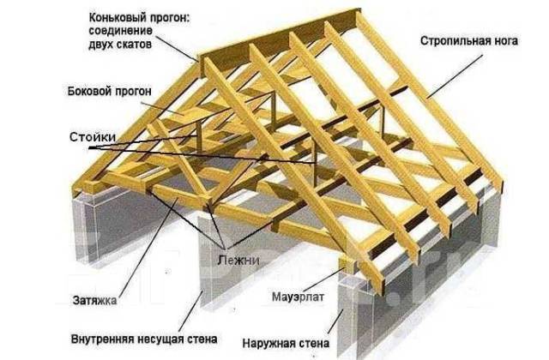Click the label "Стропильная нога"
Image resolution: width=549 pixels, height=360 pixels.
[469, 40]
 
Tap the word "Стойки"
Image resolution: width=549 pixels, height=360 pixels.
[93, 137]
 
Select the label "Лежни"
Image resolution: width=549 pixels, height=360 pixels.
[238, 260]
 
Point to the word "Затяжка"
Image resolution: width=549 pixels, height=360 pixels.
[94, 300]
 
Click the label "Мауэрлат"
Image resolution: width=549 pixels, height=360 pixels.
[298, 297]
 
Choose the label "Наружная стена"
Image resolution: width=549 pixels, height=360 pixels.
[286, 343]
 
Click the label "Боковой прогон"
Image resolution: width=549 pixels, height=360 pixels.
[110, 92]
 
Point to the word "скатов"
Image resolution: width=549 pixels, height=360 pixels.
[134, 45]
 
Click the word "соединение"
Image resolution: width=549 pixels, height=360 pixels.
[120, 31]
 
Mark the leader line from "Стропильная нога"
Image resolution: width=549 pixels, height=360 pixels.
[455, 75]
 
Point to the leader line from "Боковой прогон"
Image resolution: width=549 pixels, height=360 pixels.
[162, 109]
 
